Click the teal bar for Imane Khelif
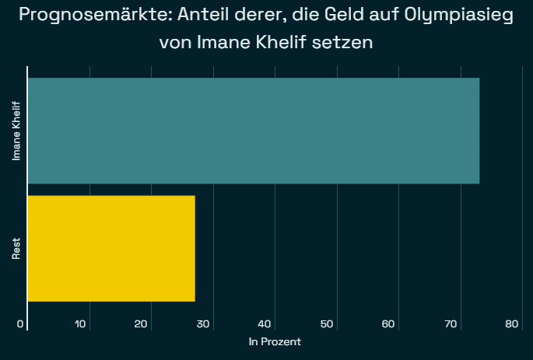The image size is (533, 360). pos(253,131)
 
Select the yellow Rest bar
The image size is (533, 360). pos(111,248)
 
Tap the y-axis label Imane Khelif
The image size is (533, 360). pos(16,131)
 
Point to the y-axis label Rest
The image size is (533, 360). pos(16,249)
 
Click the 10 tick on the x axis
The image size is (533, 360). pos(80,324)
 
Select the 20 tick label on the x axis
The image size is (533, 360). pos(142,324)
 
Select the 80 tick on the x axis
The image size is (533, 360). pos(512,324)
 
